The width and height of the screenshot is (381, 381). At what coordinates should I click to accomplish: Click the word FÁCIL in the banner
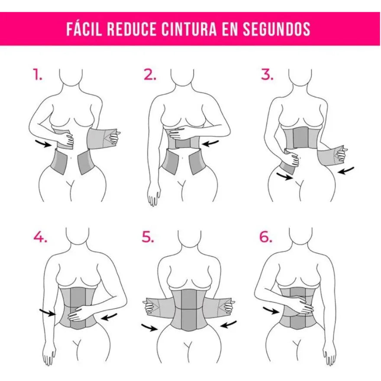84,29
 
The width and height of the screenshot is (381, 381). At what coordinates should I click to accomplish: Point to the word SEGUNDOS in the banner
277,29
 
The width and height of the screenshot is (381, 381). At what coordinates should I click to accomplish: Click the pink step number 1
37,74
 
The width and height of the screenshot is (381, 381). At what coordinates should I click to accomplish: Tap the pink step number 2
150,74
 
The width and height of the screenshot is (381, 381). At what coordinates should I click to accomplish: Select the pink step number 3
267,74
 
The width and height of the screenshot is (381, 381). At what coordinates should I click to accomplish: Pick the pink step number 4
40,236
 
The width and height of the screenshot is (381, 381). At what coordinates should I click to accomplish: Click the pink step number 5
148,236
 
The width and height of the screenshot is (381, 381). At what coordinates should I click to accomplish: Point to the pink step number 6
266,236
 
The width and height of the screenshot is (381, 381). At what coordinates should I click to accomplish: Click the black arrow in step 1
43,143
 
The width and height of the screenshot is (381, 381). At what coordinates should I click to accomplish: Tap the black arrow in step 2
210,143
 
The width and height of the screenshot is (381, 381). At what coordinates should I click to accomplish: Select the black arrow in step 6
271,310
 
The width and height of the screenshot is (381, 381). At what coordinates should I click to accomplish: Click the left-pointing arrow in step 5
229,324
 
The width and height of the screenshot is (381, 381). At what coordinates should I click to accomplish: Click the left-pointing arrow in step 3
346,171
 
